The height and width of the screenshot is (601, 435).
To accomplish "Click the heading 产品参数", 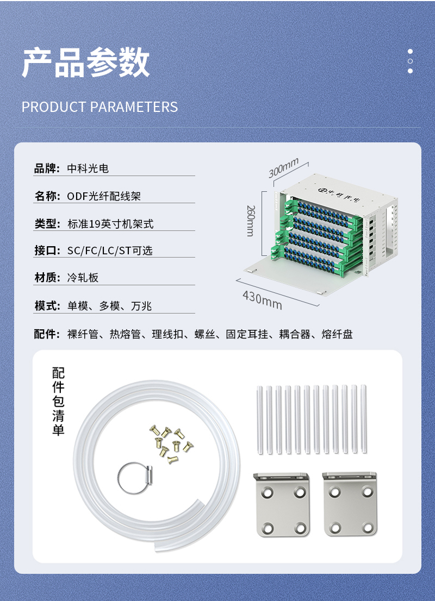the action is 85,62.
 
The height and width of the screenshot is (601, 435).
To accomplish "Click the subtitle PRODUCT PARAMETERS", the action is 100,107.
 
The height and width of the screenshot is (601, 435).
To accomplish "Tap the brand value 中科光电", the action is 88,168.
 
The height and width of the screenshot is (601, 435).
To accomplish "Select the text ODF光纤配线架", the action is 104,196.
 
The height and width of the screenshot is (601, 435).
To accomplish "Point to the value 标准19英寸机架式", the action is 110,224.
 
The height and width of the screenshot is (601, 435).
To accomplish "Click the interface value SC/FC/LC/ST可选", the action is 110,251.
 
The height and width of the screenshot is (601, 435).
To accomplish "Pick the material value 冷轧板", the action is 83,278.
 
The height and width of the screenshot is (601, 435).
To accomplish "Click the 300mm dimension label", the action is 283,168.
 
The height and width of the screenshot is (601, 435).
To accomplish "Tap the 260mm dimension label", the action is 251,221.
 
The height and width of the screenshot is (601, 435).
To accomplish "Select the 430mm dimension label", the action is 263,300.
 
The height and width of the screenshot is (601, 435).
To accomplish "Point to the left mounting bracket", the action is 282,504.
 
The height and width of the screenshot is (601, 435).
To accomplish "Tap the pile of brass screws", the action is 171,444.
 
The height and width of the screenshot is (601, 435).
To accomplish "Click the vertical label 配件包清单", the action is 58,402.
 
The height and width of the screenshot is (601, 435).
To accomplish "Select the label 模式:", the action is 47,306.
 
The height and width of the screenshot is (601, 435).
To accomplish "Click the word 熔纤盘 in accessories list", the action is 337,334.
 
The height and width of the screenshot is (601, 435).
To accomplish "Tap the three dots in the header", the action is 410,61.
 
